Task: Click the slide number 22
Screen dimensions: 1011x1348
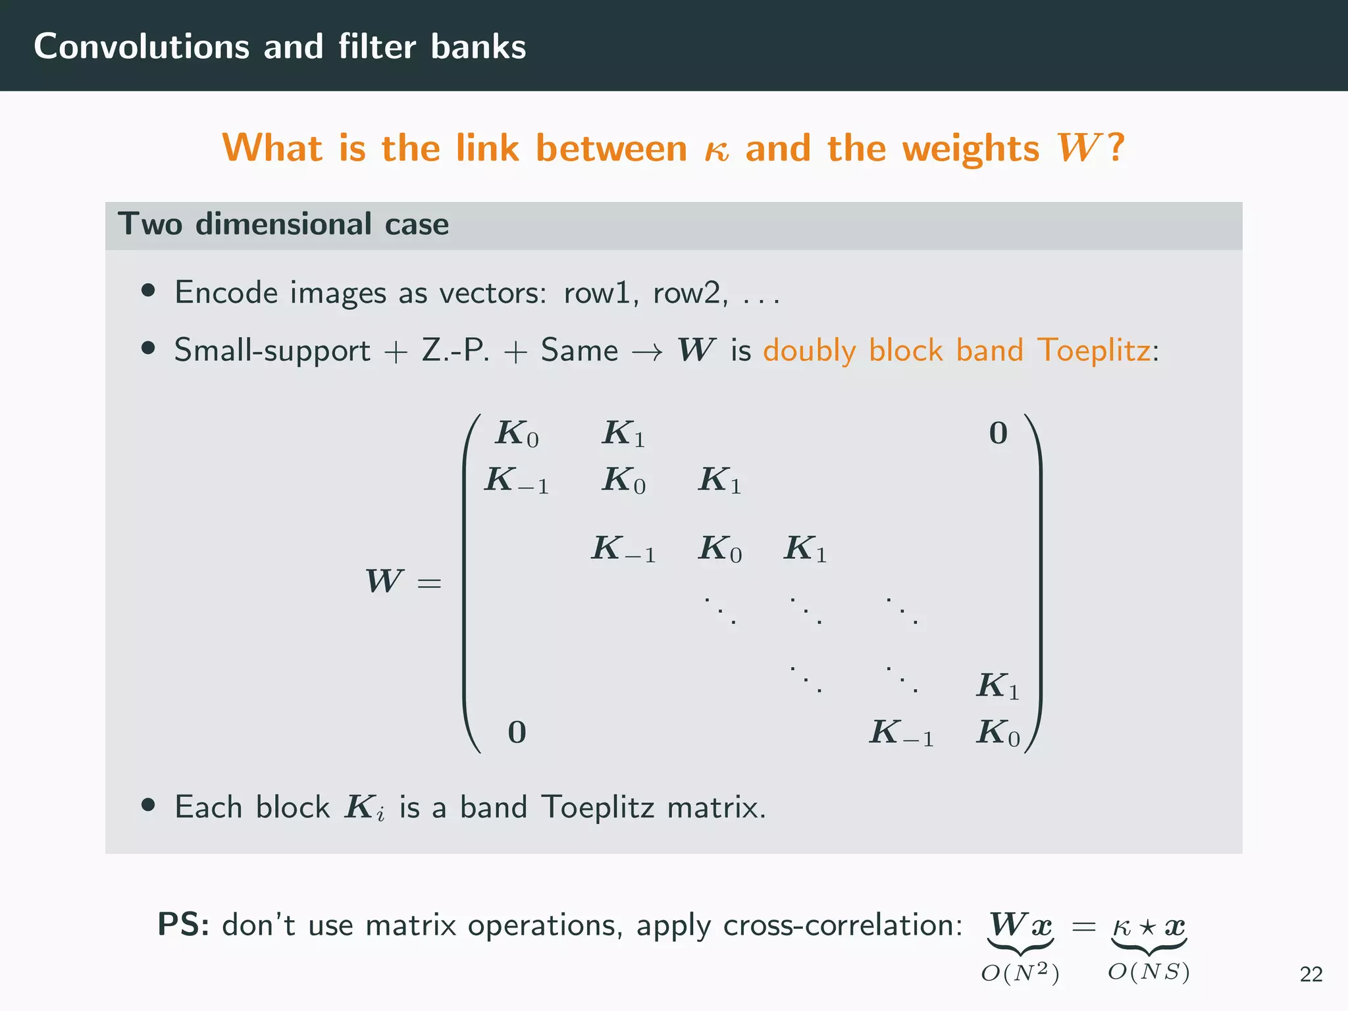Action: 1310,974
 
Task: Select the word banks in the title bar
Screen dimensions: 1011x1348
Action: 479,47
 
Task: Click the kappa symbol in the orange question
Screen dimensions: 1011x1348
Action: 716,150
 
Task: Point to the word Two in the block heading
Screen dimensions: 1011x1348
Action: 150,224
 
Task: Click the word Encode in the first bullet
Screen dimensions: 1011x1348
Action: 226,292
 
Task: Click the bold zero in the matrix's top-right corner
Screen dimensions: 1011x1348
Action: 998,434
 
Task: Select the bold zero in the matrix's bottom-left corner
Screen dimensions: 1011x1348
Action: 517,733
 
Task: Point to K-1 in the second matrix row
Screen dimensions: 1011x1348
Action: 517,480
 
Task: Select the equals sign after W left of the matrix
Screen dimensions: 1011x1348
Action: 429,583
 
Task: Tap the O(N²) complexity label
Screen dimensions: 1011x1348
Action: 1020,973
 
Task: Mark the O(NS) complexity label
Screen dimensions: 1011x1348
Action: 1149,972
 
